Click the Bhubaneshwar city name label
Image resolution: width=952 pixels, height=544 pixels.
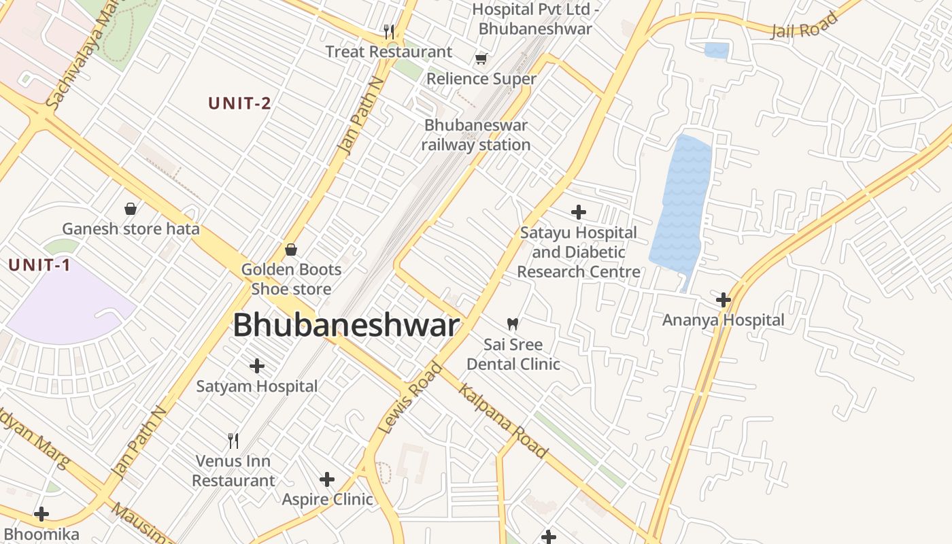click(346, 326)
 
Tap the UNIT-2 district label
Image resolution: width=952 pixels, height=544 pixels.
click(239, 103)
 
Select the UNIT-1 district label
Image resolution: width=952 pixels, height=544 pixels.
click(39, 265)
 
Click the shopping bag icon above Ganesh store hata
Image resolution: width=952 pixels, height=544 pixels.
click(131, 209)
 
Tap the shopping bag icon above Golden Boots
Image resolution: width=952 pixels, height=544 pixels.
click(291, 250)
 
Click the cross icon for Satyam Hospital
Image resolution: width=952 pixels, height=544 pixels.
click(257, 367)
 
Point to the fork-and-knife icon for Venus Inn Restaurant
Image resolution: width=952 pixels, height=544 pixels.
click(233, 441)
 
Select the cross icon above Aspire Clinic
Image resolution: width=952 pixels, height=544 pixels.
click(327, 479)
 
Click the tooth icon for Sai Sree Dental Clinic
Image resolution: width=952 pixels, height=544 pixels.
click(513, 324)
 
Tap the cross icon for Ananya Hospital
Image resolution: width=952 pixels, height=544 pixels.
click(724, 299)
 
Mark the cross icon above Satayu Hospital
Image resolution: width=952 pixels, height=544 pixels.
click(579, 212)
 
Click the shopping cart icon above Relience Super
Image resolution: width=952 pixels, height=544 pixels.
click(481, 59)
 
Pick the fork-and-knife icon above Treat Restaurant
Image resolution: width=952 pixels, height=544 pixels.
click(389, 31)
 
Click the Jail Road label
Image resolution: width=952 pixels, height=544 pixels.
click(804, 26)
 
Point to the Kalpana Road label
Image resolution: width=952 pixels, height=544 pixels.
click(503, 420)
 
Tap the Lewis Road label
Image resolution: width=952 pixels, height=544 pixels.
click(411, 398)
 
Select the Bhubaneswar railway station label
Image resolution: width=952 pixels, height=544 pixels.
click(476, 135)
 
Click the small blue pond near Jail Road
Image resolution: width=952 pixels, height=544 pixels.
click(717, 50)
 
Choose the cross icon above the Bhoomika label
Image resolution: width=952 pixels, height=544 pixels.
click(41, 514)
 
